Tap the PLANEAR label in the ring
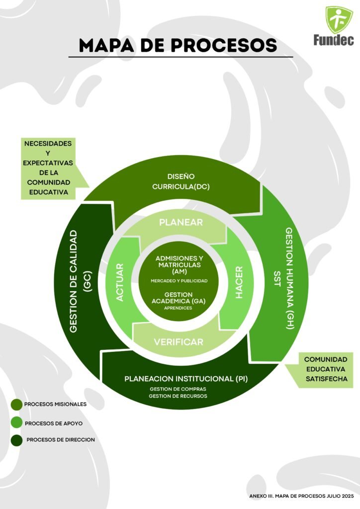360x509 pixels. pos(181,222)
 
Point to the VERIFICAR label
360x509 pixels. pos(179,342)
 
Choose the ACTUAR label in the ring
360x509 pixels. pos(120,282)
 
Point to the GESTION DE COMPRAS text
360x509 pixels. pos(178,389)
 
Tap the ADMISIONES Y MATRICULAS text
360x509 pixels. pos(180,262)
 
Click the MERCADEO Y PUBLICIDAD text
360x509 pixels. pos(180,281)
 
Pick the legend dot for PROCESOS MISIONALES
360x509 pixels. pos(17,405)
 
